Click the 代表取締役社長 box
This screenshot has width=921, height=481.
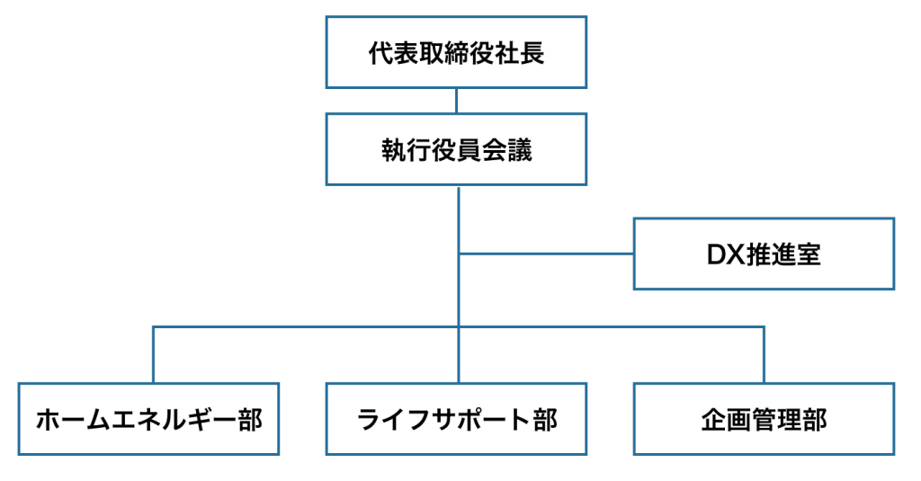point(456,51)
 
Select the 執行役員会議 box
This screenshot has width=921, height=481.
point(456,149)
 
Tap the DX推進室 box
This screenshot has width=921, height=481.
point(764,254)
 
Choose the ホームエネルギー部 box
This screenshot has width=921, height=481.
point(149,419)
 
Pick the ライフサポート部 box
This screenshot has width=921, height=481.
point(456,419)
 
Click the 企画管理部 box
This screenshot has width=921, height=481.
point(764,419)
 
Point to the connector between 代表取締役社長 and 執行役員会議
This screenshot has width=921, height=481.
point(457,101)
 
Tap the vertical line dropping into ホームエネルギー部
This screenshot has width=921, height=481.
point(153,355)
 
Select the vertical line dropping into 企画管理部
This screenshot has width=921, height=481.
point(764,355)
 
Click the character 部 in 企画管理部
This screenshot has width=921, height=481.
point(811,420)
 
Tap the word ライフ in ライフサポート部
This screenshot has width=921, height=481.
point(388,420)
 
